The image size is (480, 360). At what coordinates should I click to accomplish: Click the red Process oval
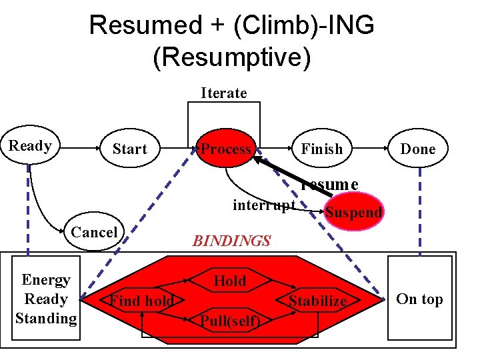coord(226,149)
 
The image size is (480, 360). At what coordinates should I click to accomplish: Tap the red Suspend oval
coord(353,212)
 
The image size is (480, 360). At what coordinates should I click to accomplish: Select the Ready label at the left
coord(30,146)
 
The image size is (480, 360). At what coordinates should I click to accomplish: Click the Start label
coord(129,149)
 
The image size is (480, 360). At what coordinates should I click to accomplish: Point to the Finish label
coord(321,149)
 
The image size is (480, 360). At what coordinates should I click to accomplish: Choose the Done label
coord(417,149)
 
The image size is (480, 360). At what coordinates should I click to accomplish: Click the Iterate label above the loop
coord(224,93)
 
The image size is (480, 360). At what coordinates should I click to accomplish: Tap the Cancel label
coord(94,232)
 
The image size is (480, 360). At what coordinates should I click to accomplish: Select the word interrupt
coord(263,205)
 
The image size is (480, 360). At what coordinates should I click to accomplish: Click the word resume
coord(329,184)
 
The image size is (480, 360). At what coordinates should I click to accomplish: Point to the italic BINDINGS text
coord(231,241)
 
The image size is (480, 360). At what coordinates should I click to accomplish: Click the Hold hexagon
coord(230,281)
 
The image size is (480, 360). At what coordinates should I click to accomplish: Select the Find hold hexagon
coord(142,301)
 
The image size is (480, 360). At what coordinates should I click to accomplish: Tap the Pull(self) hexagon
coord(230,321)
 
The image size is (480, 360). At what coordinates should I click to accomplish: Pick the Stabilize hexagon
coord(318,301)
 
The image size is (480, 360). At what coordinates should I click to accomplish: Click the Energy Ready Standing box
coord(46,299)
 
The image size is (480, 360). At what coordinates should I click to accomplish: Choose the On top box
coord(419,299)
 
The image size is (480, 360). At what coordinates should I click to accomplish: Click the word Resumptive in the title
coord(231,57)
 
